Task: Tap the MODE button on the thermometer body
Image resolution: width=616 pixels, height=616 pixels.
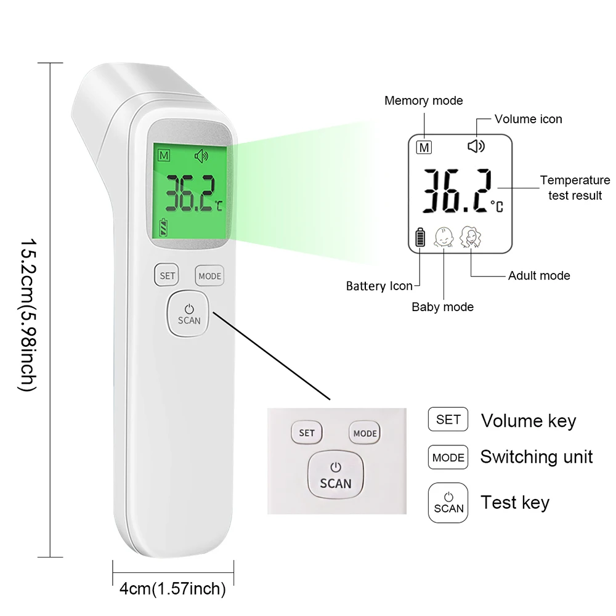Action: [x=209, y=276]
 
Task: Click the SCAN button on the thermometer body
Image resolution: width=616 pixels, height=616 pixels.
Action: [x=189, y=314]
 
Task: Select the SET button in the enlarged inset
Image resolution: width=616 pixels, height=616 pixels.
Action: [x=306, y=432]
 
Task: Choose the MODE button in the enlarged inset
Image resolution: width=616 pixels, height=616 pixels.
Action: [x=365, y=433]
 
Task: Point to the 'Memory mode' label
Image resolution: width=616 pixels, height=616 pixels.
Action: [x=423, y=100]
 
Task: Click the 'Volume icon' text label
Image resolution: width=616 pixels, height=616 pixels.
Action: [x=528, y=119]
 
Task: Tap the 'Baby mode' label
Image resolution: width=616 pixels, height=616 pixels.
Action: [x=442, y=306]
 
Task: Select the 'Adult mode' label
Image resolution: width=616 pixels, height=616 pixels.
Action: [x=539, y=275]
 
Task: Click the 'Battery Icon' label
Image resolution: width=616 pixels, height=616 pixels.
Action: [x=379, y=286]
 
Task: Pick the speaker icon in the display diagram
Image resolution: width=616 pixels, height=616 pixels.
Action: [x=476, y=147]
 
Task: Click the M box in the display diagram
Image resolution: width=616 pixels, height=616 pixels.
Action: [x=424, y=148]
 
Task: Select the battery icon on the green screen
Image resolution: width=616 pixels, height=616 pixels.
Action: [x=163, y=227]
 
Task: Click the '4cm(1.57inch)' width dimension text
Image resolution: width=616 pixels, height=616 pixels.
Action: [x=172, y=589]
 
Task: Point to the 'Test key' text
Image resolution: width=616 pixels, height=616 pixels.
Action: [x=515, y=502]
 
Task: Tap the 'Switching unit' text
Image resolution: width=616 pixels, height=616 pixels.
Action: [x=536, y=457]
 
